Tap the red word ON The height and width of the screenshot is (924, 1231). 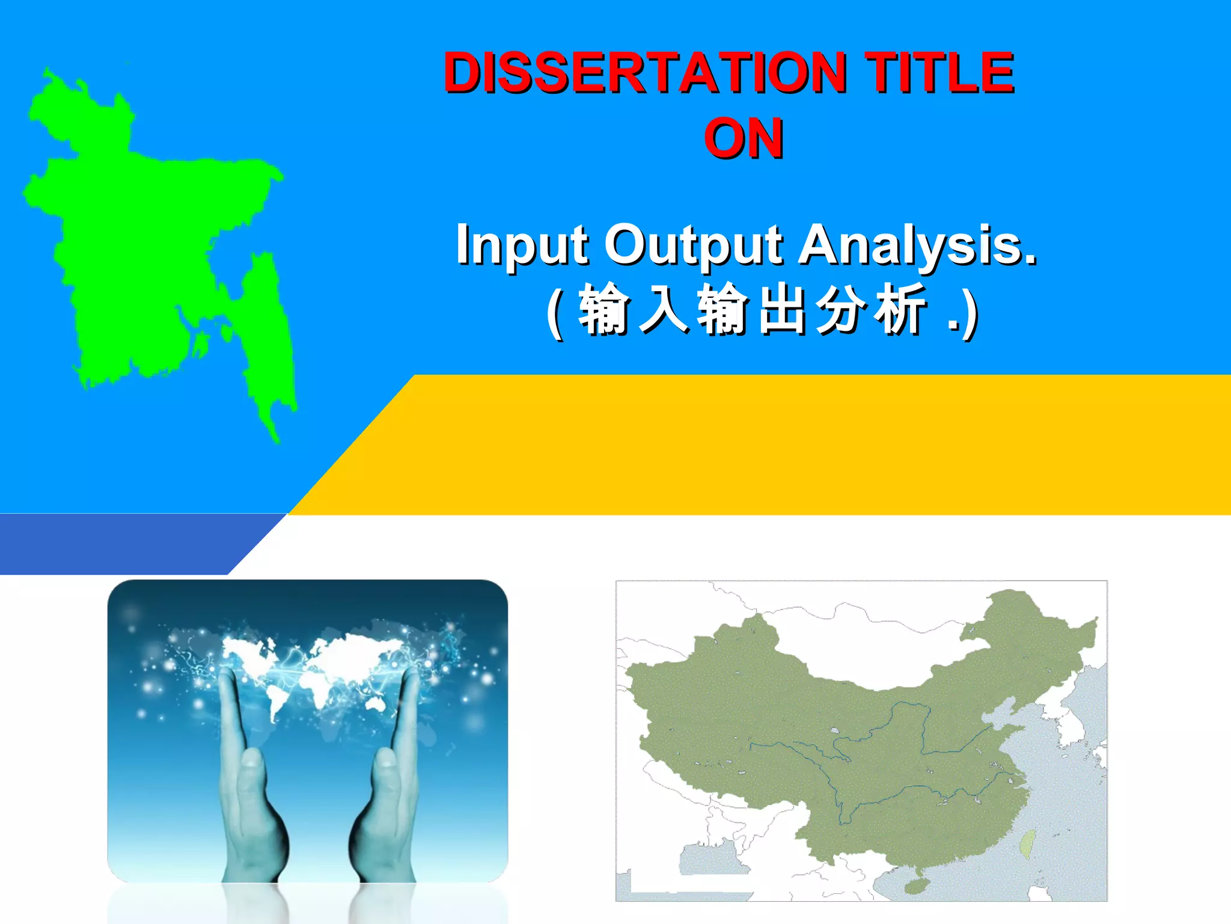[x=744, y=139]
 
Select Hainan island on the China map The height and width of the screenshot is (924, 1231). [x=917, y=885]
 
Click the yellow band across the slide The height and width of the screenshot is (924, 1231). [x=781, y=445]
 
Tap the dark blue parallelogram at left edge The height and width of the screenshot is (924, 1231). [x=120, y=544]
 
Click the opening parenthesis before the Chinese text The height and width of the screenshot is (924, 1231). [x=555, y=313]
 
